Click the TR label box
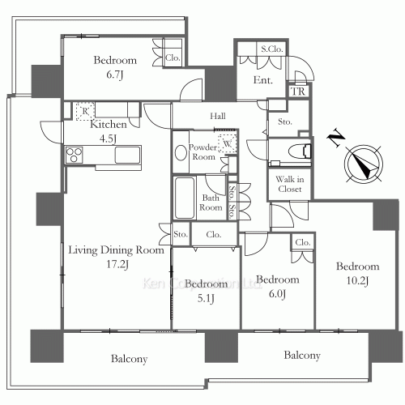(298, 92)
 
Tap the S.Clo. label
(271, 49)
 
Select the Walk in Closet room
(289, 184)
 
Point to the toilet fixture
(300, 151)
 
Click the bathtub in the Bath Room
(185, 198)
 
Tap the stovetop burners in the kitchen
(75, 155)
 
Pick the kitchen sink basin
(128, 155)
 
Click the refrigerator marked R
(85, 111)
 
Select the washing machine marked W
(228, 143)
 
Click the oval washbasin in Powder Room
(181, 152)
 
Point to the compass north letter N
(336, 138)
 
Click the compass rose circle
(364, 164)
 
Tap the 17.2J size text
(117, 264)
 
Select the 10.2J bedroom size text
(357, 281)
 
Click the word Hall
(218, 116)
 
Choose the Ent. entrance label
(263, 80)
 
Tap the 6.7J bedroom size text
(115, 75)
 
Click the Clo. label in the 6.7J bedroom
(173, 58)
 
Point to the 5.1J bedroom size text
(206, 298)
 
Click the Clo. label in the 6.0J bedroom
(303, 242)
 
